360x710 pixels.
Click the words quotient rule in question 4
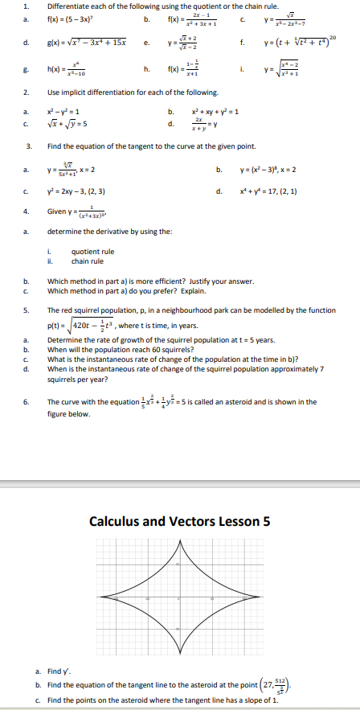[92, 252]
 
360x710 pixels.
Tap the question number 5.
[27, 309]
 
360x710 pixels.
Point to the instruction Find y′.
[67, 671]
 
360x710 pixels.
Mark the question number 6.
[27, 401]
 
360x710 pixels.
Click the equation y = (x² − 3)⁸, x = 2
[270, 170]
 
